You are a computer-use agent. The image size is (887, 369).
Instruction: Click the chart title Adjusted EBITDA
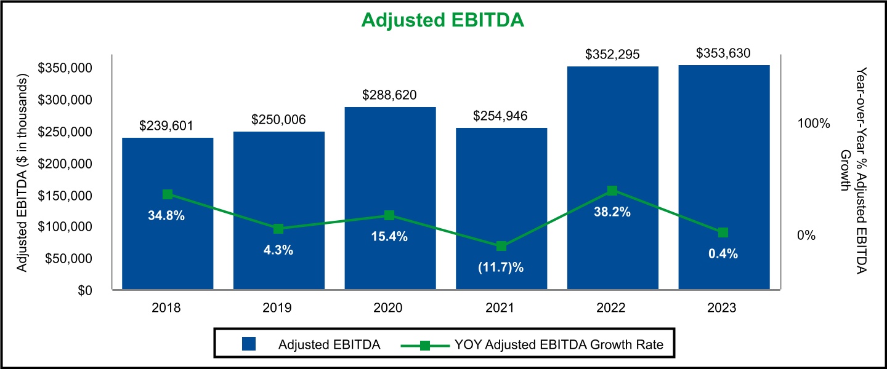tap(442, 20)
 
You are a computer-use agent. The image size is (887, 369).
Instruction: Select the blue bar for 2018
tap(168, 246)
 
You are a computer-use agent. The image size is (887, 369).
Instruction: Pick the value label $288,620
tap(389, 95)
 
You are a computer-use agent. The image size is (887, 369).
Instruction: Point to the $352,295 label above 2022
tap(613, 55)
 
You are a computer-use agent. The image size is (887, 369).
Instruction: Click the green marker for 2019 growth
tap(278, 229)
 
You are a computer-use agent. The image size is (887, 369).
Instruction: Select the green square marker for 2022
tap(612, 191)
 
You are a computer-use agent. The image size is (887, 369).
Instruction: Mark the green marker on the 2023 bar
tap(723, 232)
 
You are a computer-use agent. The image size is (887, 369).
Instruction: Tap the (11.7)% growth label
tap(501, 268)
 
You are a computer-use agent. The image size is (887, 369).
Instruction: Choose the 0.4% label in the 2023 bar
tap(723, 254)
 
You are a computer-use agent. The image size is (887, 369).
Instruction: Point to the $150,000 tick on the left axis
tap(65, 196)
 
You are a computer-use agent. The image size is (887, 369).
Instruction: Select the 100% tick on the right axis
tap(814, 124)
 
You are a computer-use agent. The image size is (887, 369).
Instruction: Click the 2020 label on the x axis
tap(389, 308)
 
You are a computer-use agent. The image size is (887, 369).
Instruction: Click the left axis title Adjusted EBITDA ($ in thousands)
tap(23, 173)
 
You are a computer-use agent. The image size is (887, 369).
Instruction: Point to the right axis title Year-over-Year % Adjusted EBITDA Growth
tap(854, 173)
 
